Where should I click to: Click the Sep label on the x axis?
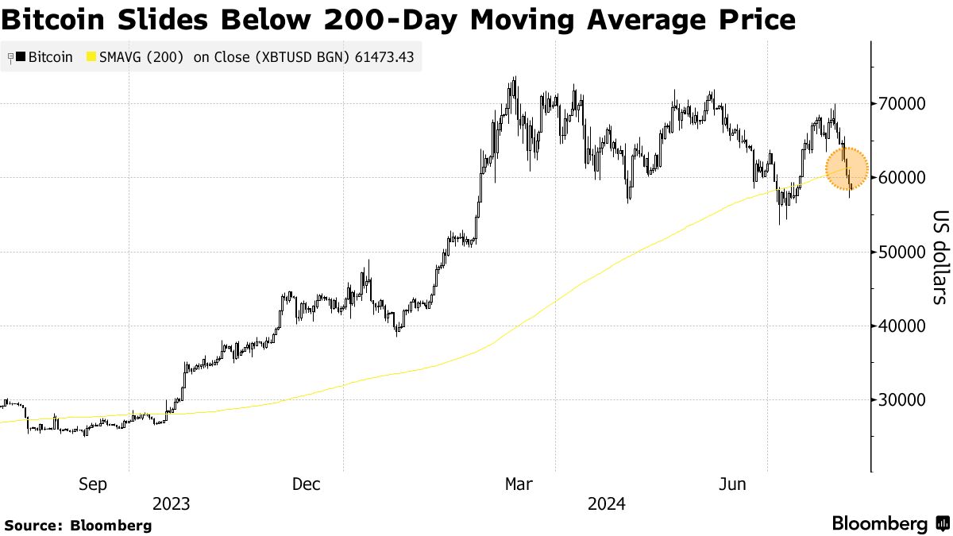92,484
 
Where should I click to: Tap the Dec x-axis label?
306,484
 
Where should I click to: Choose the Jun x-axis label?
731,484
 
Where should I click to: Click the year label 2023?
171,504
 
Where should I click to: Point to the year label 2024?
606,504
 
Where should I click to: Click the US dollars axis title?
939,256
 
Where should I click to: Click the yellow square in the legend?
91,57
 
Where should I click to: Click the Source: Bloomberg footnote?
78,525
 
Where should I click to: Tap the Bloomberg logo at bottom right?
889,524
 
